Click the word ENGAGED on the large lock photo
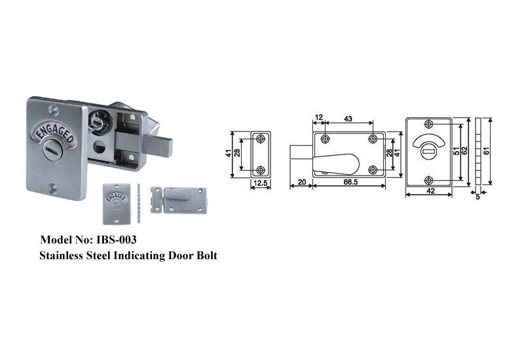coord(56,133)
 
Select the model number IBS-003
coord(117,240)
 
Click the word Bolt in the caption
coord(207,255)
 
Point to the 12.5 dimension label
coord(260,183)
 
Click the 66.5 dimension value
coord(350,182)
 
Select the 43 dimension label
coord(348,118)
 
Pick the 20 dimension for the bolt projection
coord(302,182)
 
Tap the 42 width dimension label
coord(431,190)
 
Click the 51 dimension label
coord(457,151)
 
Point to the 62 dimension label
coord(464,151)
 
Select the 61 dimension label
coord(487,151)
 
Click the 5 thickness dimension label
coord(477,197)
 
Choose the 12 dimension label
coord(319,117)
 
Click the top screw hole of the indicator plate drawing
coord(428,124)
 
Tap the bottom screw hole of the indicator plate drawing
coord(428,181)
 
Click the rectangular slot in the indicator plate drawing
coord(428,152)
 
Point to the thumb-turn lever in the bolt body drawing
coord(336,164)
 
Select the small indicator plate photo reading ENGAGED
coord(116,204)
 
